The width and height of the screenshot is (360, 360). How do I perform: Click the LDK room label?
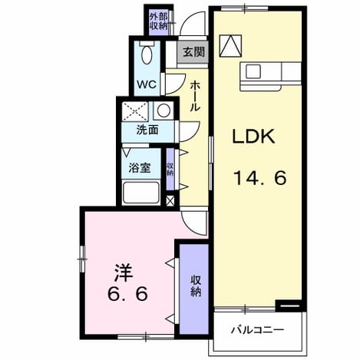click(x=253, y=137)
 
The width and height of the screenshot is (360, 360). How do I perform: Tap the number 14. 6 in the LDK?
click(x=260, y=178)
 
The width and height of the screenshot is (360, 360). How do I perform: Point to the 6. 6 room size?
click(x=127, y=294)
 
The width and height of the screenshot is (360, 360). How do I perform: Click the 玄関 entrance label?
click(x=194, y=52)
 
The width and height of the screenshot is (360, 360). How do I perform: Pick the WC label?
click(x=147, y=84)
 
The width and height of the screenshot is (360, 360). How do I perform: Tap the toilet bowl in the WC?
click(x=147, y=54)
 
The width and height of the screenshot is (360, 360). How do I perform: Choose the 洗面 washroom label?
click(x=147, y=130)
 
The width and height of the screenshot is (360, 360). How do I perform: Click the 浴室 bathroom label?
click(x=140, y=168)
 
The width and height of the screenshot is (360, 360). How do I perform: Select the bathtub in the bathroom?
click(x=141, y=193)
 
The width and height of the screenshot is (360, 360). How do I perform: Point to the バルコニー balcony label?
click(x=257, y=330)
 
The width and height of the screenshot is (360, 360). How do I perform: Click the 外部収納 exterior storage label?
click(x=158, y=21)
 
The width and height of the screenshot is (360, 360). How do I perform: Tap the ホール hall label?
click(x=194, y=96)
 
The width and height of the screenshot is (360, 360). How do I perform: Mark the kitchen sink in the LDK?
click(x=253, y=71)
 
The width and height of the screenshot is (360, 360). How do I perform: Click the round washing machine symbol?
click(x=163, y=111)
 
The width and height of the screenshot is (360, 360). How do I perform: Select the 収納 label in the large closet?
click(x=196, y=286)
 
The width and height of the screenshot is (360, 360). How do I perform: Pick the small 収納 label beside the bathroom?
click(x=170, y=169)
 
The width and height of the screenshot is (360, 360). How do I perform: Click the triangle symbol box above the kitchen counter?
click(x=230, y=46)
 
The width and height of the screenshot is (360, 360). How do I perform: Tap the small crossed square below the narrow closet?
click(x=170, y=201)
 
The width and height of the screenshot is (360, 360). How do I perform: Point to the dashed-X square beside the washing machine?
click(x=135, y=111)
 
